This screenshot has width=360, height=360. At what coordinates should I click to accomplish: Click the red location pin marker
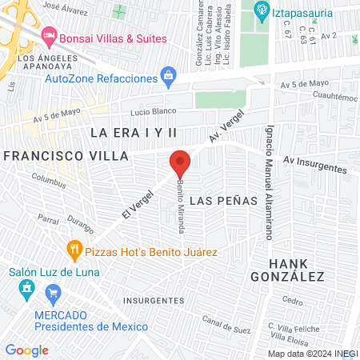click(x=180, y=163)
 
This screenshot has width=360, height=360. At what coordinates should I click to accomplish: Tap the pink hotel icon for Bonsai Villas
click(x=49, y=37)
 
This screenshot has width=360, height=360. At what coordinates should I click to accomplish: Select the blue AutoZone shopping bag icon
click(x=168, y=78)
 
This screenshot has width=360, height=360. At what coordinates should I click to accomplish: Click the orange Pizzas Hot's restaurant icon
click(x=75, y=250)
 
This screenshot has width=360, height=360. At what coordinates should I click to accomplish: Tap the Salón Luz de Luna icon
click(x=26, y=287)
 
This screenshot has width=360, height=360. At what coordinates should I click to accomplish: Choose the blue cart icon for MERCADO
click(x=54, y=293)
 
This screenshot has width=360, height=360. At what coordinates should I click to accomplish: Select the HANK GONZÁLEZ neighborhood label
click(x=297, y=270)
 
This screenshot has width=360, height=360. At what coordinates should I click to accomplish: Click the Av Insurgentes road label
click(x=314, y=166)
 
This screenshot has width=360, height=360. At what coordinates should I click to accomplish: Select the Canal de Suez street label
click(x=226, y=326)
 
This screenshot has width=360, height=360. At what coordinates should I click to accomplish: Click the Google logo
click(x=26, y=350)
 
